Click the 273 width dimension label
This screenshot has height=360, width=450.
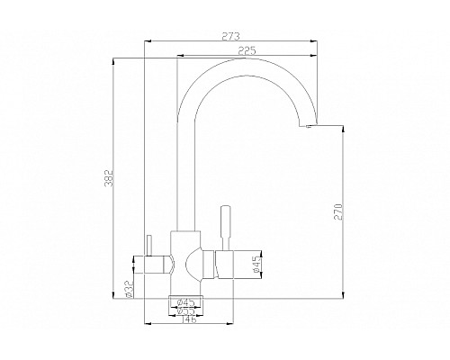coord(230,37)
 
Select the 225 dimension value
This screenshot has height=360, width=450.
coord(238,51)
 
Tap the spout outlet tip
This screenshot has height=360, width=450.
coord(309,129)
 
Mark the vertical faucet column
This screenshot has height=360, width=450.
coord(183,180)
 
